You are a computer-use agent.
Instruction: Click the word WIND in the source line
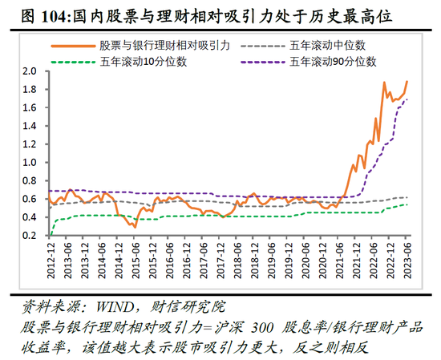point(107,306)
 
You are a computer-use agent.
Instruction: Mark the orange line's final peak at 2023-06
point(407,81)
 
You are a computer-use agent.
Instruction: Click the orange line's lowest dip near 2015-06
point(135,227)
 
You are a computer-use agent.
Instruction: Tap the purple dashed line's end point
point(407,99)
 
